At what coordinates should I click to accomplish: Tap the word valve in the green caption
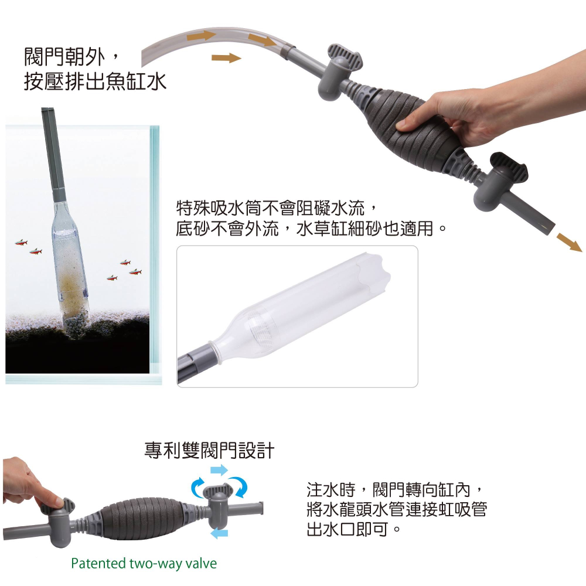pyautogui.click(x=201, y=564)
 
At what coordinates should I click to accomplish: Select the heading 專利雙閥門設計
pyautogui.click(x=209, y=451)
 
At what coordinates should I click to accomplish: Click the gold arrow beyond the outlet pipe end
pyautogui.click(x=568, y=241)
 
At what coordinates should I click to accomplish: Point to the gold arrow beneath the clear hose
pyautogui.click(x=226, y=57)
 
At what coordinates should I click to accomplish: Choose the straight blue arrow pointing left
pyautogui.click(x=219, y=533)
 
